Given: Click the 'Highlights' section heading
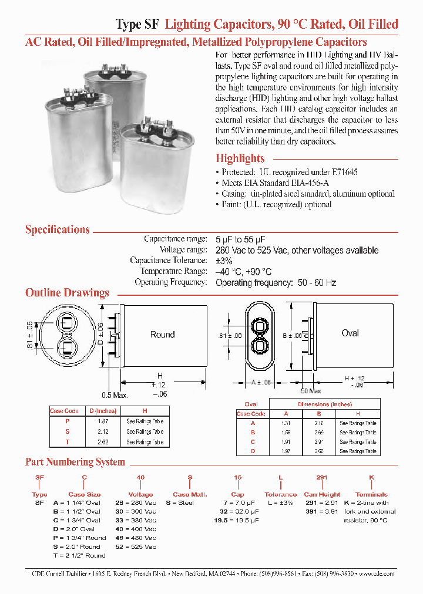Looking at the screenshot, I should click(240, 158).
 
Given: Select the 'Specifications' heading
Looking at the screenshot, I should click(58, 230).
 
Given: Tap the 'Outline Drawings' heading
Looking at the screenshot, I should click(67, 293).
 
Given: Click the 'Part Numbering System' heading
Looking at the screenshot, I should click(75, 462).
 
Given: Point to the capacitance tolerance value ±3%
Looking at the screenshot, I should click(224, 261).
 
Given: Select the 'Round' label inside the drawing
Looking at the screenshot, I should click(162, 335).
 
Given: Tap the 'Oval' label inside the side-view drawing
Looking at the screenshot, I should click(350, 333).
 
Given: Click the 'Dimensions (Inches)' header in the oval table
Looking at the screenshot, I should click(324, 404).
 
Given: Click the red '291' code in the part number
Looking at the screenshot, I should click(322, 478).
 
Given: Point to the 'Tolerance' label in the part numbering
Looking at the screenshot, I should click(280, 495).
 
